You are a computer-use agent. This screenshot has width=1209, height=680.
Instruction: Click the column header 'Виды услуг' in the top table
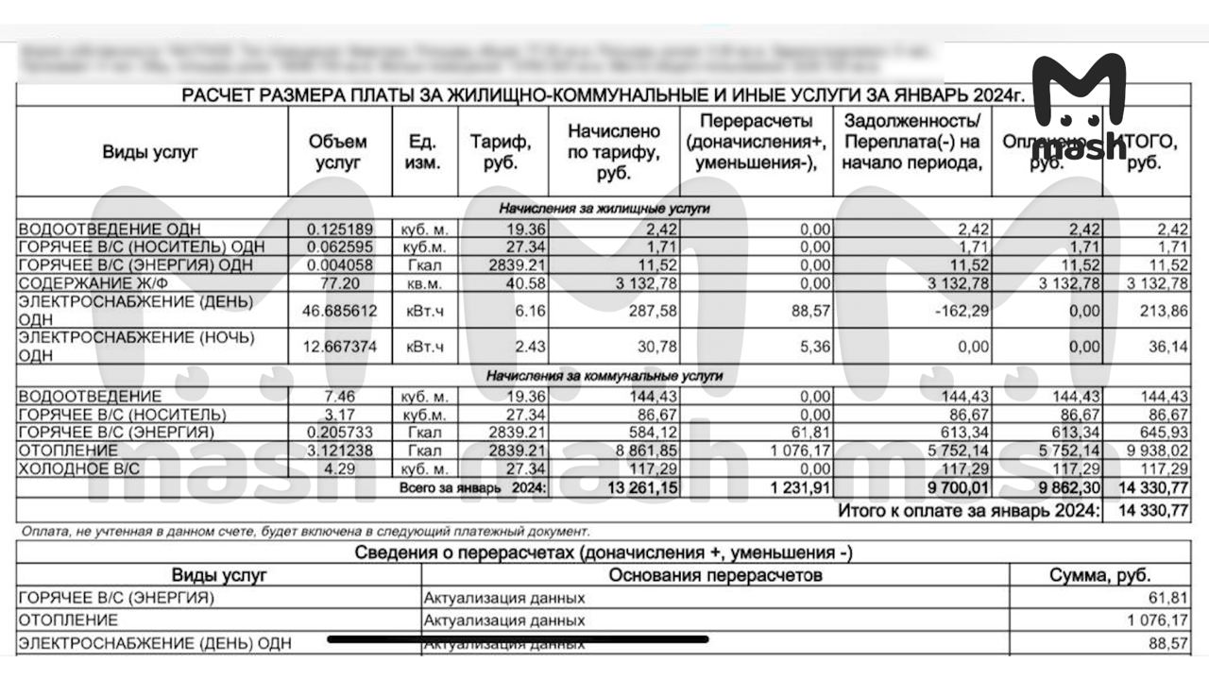(x=151, y=152)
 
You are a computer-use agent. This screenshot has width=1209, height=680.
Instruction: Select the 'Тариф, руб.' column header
(x=502, y=152)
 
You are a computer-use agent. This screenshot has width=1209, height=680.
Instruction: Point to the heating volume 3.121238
(x=341, y=450)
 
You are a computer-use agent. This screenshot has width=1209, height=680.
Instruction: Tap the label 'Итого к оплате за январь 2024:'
(x=969, y=511)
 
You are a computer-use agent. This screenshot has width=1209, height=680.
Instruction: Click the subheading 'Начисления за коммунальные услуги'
(x=604, y=376)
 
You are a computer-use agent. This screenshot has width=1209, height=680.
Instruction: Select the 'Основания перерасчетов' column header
(x=715, y=575)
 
